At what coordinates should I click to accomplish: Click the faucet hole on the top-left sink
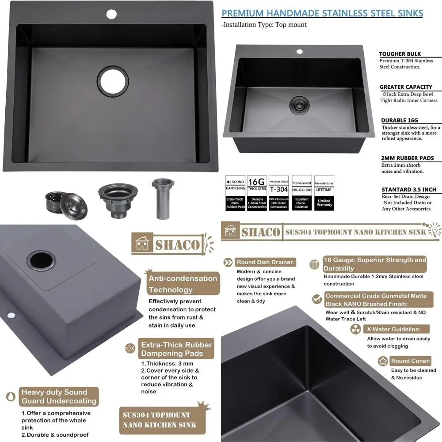111,14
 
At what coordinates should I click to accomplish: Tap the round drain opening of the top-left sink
114,80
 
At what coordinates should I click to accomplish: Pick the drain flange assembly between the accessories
118,199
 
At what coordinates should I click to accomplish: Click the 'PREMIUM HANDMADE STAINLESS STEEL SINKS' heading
322,13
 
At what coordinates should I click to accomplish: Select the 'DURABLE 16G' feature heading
399,120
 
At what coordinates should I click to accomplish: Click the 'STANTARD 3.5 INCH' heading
408,190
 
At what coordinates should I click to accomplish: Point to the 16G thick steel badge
257,193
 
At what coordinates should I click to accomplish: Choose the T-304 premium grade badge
279,193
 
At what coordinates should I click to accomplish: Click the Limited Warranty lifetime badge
324,193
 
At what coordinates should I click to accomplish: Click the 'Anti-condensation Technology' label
183,284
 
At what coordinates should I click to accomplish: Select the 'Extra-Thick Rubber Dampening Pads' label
176,349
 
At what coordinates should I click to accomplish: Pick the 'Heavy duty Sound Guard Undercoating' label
59,396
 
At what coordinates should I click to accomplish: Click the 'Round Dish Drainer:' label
265,262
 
